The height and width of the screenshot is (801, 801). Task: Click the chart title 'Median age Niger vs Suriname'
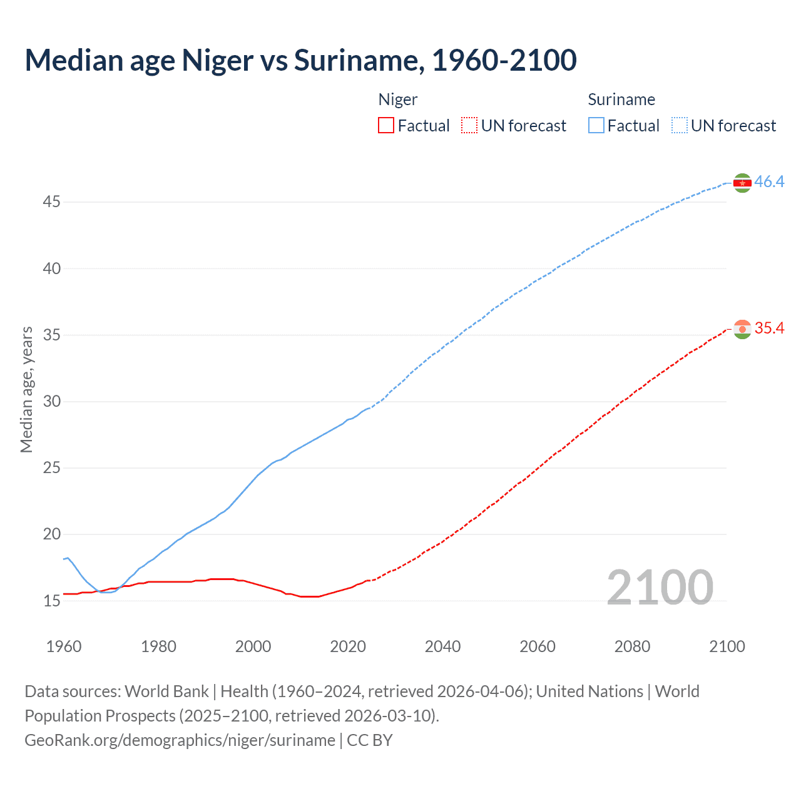(x=300, y=61)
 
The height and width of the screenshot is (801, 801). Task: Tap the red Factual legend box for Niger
(x=386, y=126)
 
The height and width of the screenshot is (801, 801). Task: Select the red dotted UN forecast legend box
(x=469, y=126)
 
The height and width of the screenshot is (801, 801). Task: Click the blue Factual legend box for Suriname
(x=596, y=126)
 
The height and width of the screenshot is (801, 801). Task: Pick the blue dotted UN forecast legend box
(x=680, y=126)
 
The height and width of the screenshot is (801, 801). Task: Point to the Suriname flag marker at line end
(x=742, y=183)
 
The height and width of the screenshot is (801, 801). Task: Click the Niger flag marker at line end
(x=742, y=329)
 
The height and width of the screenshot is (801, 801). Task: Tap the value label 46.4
(x=769, y=182)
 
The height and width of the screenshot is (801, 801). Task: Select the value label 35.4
(x=769, y=329)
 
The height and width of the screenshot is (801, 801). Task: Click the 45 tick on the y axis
(x=52, y=202)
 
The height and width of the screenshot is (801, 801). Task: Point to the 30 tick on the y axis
(x=52, y=402)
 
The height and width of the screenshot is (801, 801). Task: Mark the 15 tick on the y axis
(x=52, y=601)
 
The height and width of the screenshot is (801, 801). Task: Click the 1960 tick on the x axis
(x=64, y=646)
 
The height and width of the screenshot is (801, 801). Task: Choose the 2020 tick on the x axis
(x=348, y=646)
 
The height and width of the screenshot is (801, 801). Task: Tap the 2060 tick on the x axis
(x=538, y=646)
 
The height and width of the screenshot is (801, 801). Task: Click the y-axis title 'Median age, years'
(x=26, y=389)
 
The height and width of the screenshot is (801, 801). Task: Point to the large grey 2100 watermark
(x=660, y=588)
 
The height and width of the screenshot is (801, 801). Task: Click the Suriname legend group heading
(x=621, y=99)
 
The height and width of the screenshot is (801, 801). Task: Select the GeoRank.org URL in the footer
(x=180, y=740)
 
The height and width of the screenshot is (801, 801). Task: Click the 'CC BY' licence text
(x=370, y=740)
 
